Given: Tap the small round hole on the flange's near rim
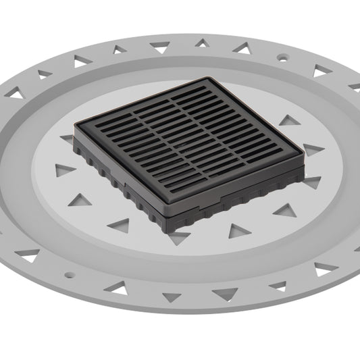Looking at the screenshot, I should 67,275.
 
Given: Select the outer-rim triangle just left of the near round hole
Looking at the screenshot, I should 28,255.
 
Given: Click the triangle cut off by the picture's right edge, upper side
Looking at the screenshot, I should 355,86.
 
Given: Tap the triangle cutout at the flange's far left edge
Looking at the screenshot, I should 16,95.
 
